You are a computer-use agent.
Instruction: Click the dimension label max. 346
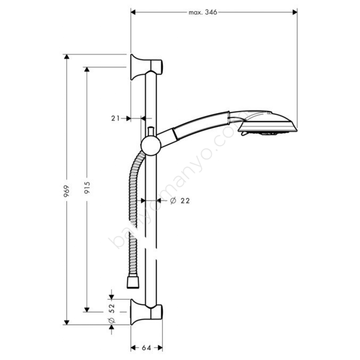(203, 13)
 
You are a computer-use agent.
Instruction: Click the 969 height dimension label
(66, 191)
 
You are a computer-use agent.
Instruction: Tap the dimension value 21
(115, 118)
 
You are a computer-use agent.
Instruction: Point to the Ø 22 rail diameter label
(180, 201)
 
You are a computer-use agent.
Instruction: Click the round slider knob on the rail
(151, 146)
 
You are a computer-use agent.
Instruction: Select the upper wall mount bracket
(146, 66)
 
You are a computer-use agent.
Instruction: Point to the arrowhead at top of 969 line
(66, 57)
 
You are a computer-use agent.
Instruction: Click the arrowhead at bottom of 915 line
(87, 310)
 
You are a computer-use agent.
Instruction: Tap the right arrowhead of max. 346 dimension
(295, 12)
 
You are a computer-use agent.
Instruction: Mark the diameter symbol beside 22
(173, 201)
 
